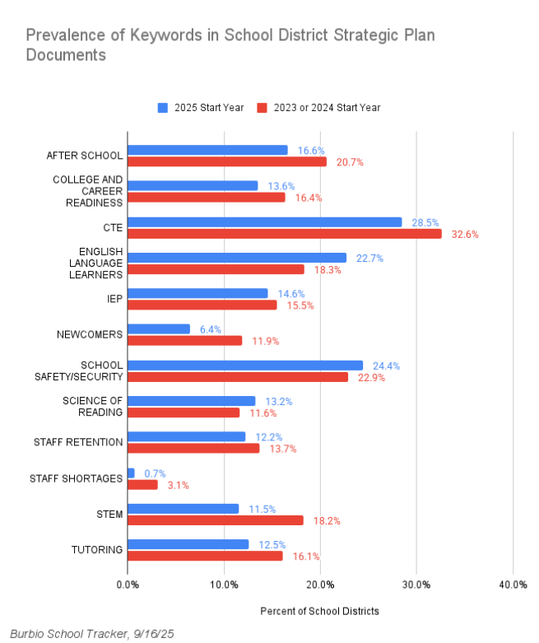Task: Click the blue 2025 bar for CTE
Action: pyautogui.click(x=264, y=222)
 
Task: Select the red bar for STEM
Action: pyautogui.click(x=215, y=520)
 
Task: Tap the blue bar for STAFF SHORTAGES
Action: pyautogui.click(x=131, y=473)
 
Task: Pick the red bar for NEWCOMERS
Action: pyautogui.click(x=184, y=341)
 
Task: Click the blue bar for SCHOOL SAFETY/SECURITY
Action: pyautogui.click(x=244, y=365)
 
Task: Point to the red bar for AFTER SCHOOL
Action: pyautogui.click(x=226, y=162)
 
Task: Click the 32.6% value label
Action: pyautogui.click(x=464, y=234)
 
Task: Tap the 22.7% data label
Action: pyautogui.click(x=369, y=258)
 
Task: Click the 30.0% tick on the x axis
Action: pyautogui.click(x=416, y=585)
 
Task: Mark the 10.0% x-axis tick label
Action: pyautogui.click(x=224, y=585)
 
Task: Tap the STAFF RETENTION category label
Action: pyautogui.click(x=78, y=442)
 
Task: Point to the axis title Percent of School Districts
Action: pyautogui.click(x=319, y=612)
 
